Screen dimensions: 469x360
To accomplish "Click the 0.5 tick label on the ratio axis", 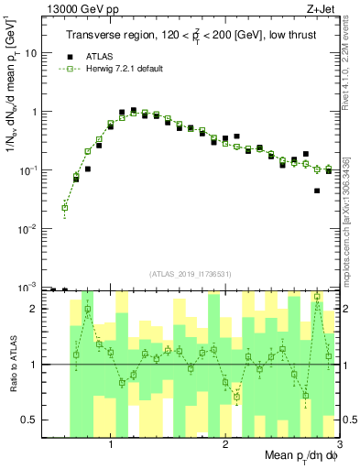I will point(30,420).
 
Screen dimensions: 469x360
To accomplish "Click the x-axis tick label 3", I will point(338,445).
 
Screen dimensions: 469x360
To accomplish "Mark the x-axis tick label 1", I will point(111,445).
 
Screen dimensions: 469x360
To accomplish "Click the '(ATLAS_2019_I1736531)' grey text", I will point(191,274).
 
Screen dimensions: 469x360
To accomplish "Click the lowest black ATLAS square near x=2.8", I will point(317,191).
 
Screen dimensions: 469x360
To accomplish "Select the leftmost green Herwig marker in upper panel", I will point(65,208).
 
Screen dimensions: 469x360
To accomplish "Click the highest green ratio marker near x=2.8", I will point(317,297).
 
